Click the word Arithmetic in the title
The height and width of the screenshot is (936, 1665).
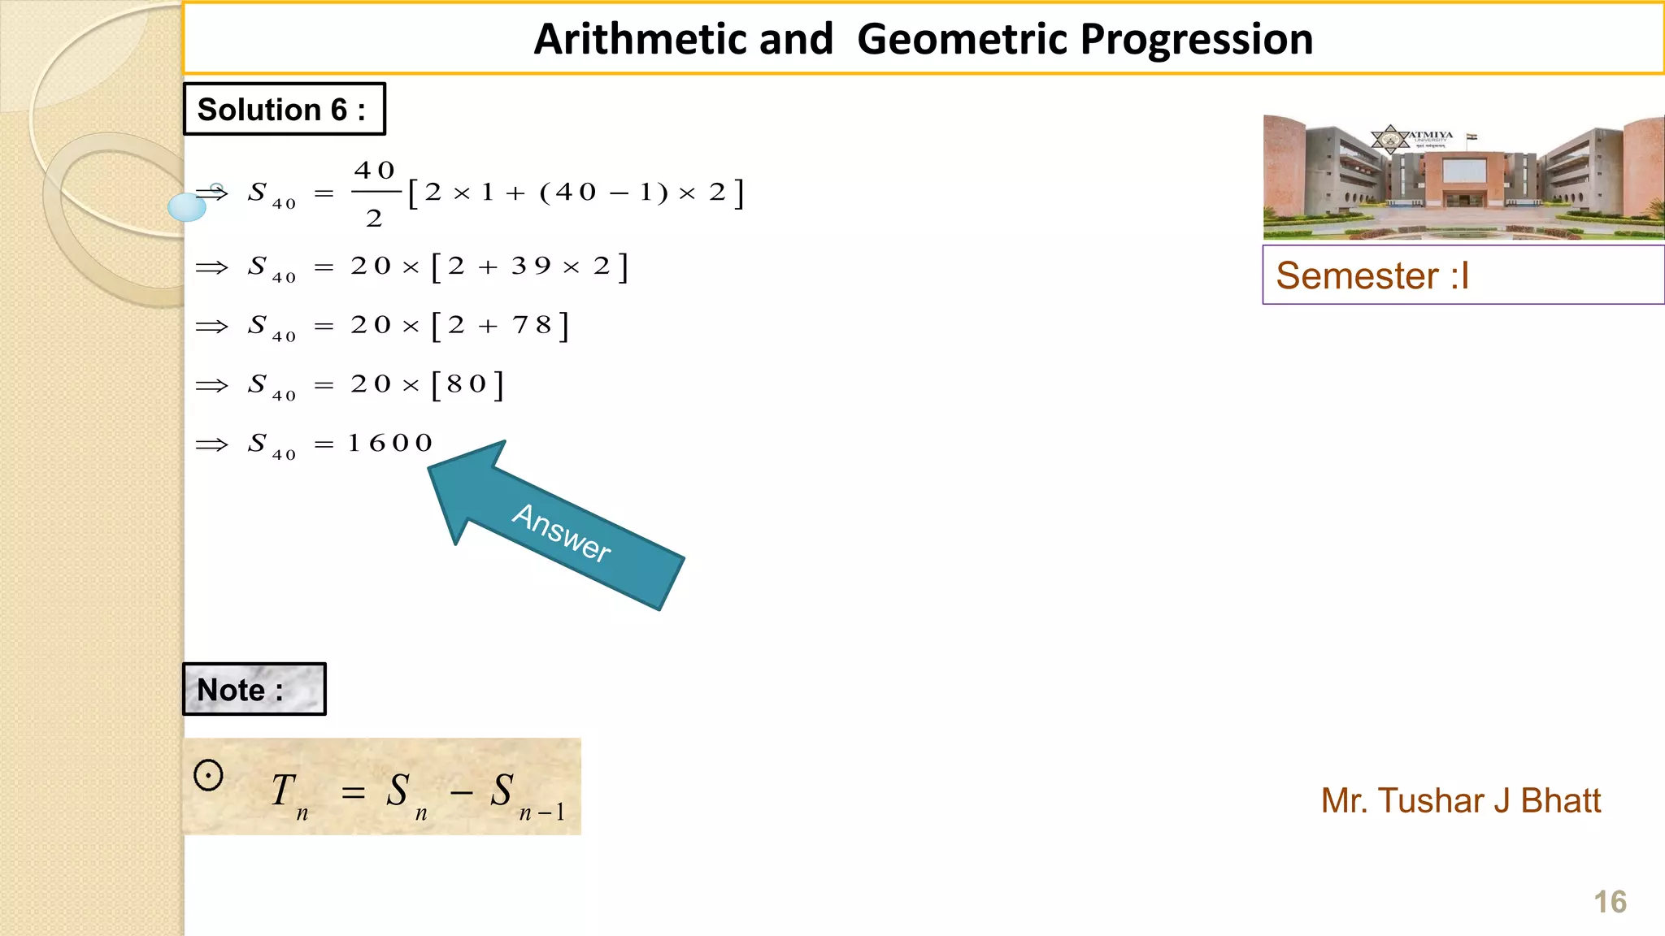click(684, 39)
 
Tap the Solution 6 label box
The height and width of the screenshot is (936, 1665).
click(284, 109)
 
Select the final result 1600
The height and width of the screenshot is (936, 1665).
click(390, 443)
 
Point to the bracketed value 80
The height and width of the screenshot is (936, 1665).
click(467, 383)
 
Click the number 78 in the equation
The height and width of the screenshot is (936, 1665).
click(533, 325)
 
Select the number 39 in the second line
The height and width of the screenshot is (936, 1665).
click(532, 266)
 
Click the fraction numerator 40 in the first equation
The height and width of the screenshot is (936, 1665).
click(375, 171)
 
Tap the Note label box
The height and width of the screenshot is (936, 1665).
click(254, 689)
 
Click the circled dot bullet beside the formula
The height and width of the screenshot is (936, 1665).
click(208, 775)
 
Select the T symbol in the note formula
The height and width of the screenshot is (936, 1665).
click(283, 790)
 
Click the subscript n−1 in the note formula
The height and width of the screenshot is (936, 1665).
click(541, 812)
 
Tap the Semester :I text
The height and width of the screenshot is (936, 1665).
click(1372, 275)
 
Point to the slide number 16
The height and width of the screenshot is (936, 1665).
click(1610, 902)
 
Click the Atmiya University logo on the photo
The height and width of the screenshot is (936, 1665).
click(1392, 140)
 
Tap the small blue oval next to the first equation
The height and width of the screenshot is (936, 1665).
click(187, 207)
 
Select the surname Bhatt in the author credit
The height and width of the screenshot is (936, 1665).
click(1560, 800)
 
